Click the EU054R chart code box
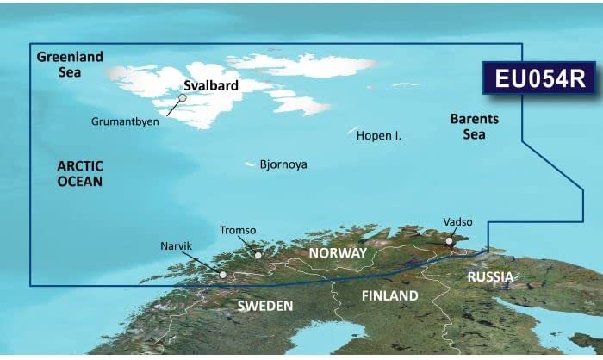tap(540, 78)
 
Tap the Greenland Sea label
tap(70, 64)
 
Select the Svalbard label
tap(212, 87)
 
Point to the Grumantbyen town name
tap(124, 121)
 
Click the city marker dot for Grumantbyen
tap(183, 98)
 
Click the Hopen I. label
tap(379, 136)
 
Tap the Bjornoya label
tap(283, 164)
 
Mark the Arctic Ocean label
tap(80, 173)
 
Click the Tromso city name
tap(239, 231)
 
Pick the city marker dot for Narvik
tap(223, 276)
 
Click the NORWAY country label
tap(338, 253)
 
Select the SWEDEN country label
tap(265, 306)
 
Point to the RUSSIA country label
tap(490, 276)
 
